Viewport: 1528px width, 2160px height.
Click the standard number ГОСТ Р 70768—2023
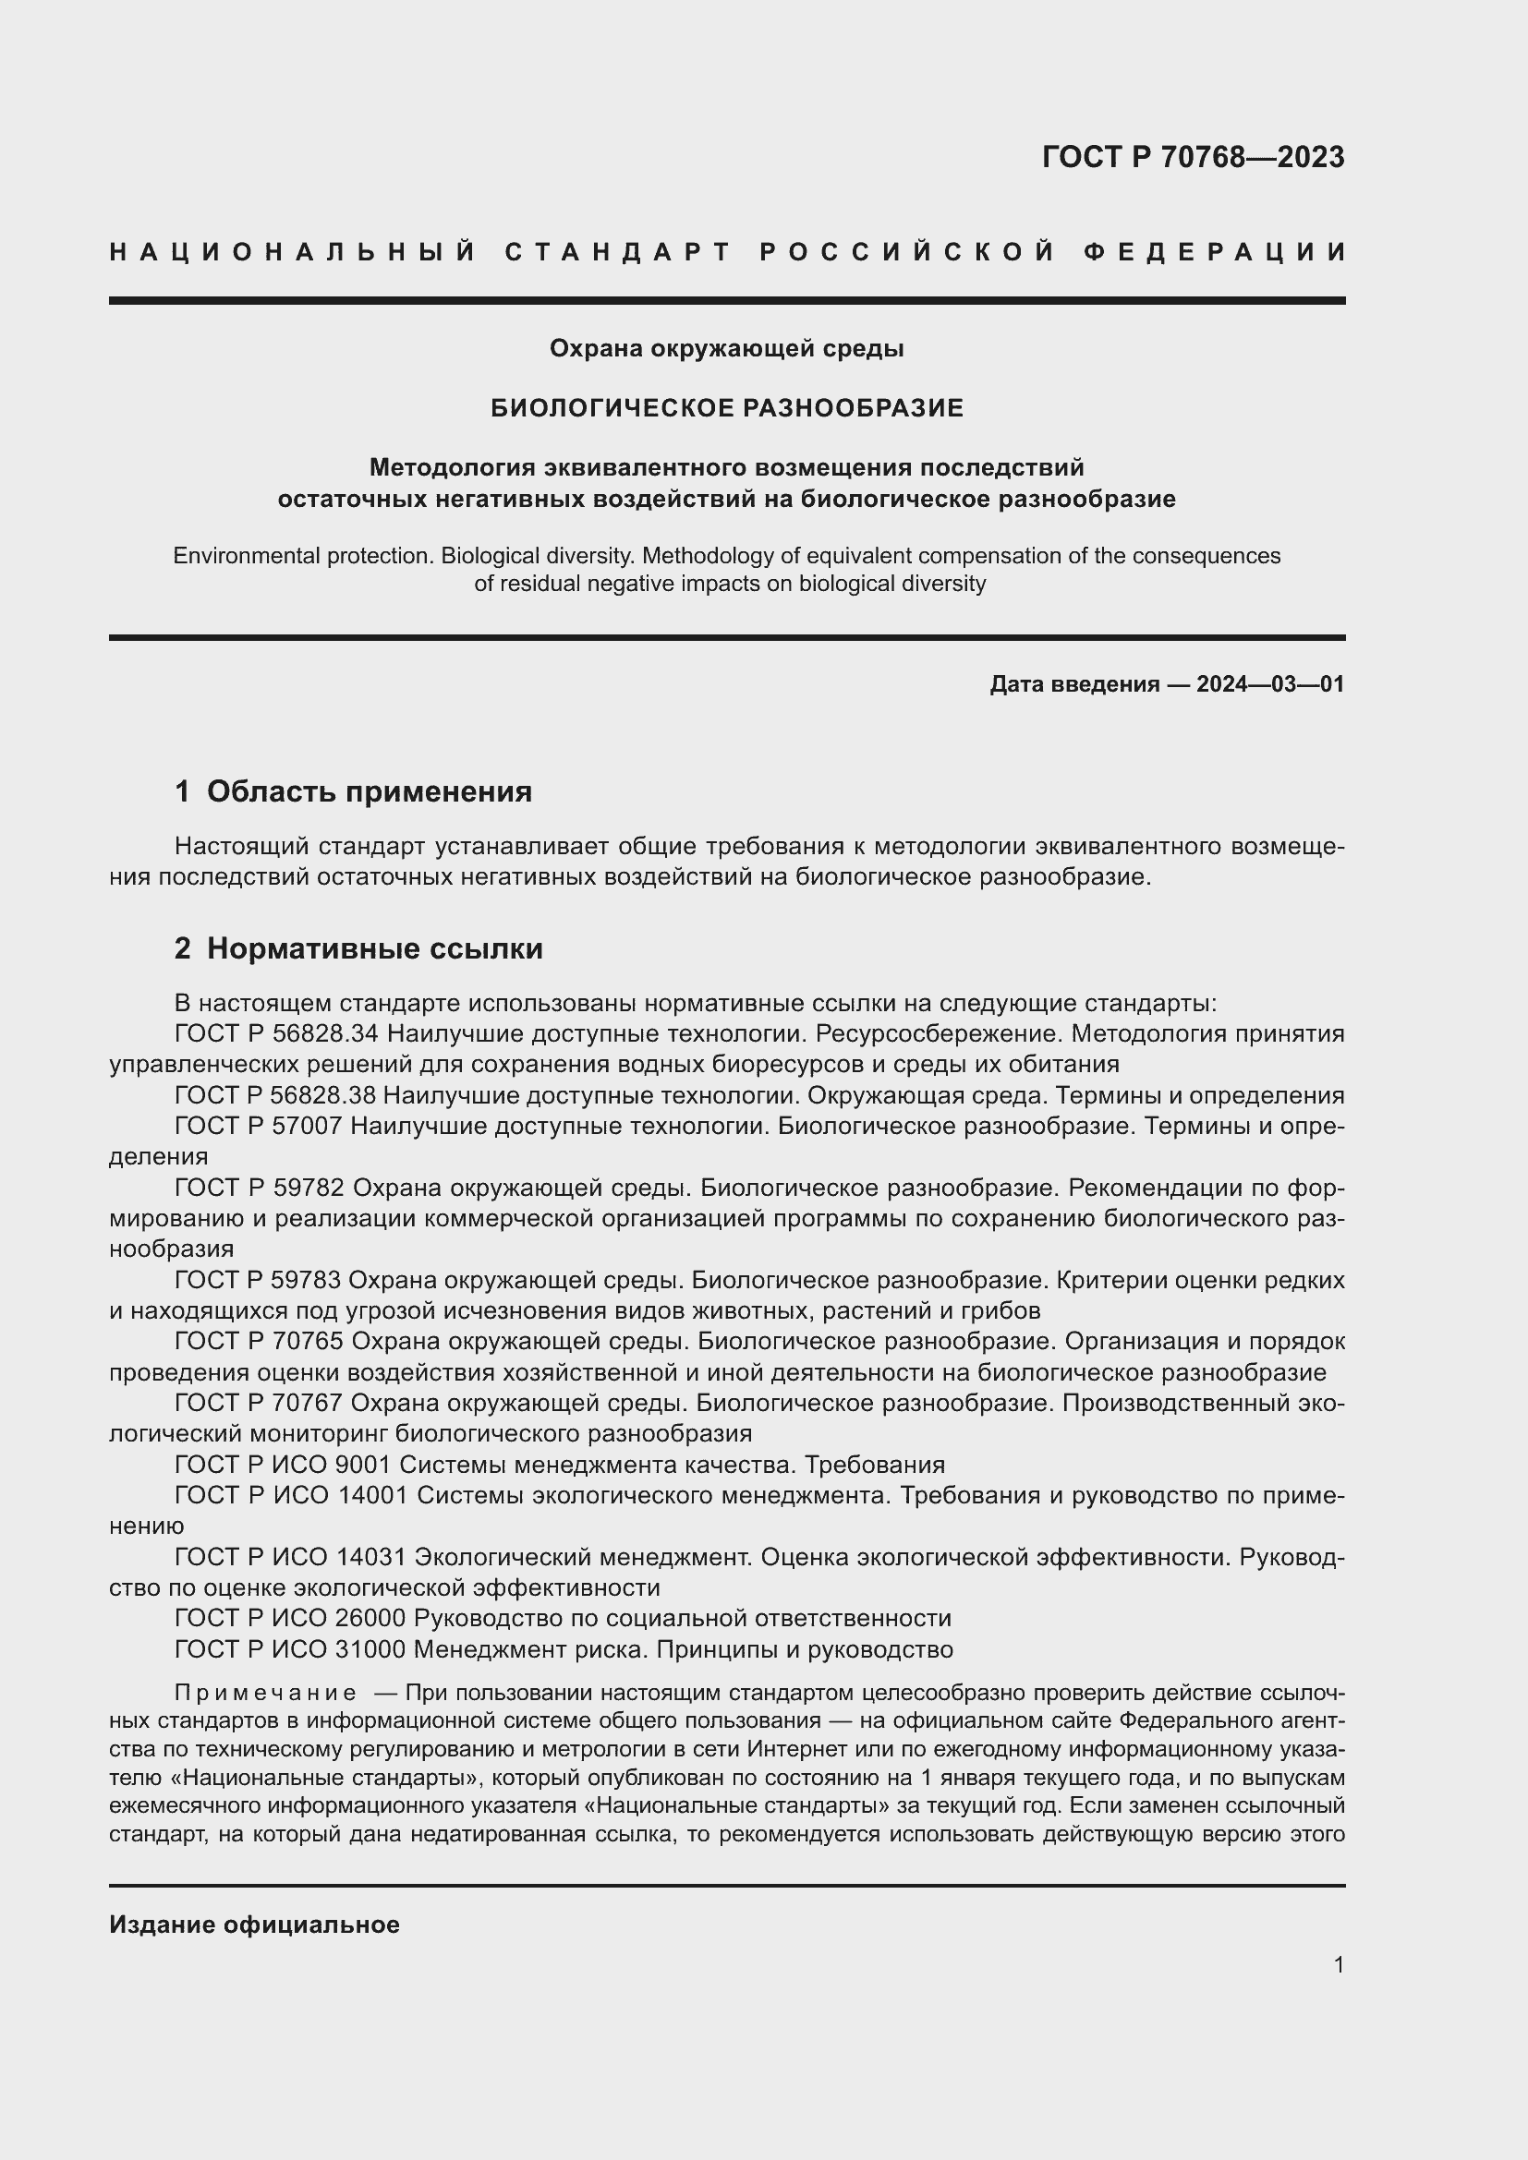pos(1193,157)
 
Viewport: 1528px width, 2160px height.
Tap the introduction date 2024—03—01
pos(1270,684)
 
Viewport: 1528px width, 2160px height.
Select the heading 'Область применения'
pos(369,792)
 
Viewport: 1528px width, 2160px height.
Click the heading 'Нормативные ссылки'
pos(374,948)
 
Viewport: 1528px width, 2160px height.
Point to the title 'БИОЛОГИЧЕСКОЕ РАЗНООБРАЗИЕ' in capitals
pos(727,408)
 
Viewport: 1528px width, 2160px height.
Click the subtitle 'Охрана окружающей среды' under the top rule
pos(726,349)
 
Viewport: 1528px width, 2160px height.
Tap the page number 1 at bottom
pos(1339,1964)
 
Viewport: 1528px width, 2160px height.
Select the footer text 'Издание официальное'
pos(254,1925)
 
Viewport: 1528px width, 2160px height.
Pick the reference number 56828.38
pos(323,1095)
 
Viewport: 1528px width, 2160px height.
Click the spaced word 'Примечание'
pos(265,1694)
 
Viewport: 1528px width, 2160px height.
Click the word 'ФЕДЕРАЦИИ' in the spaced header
pos(1215,252)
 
